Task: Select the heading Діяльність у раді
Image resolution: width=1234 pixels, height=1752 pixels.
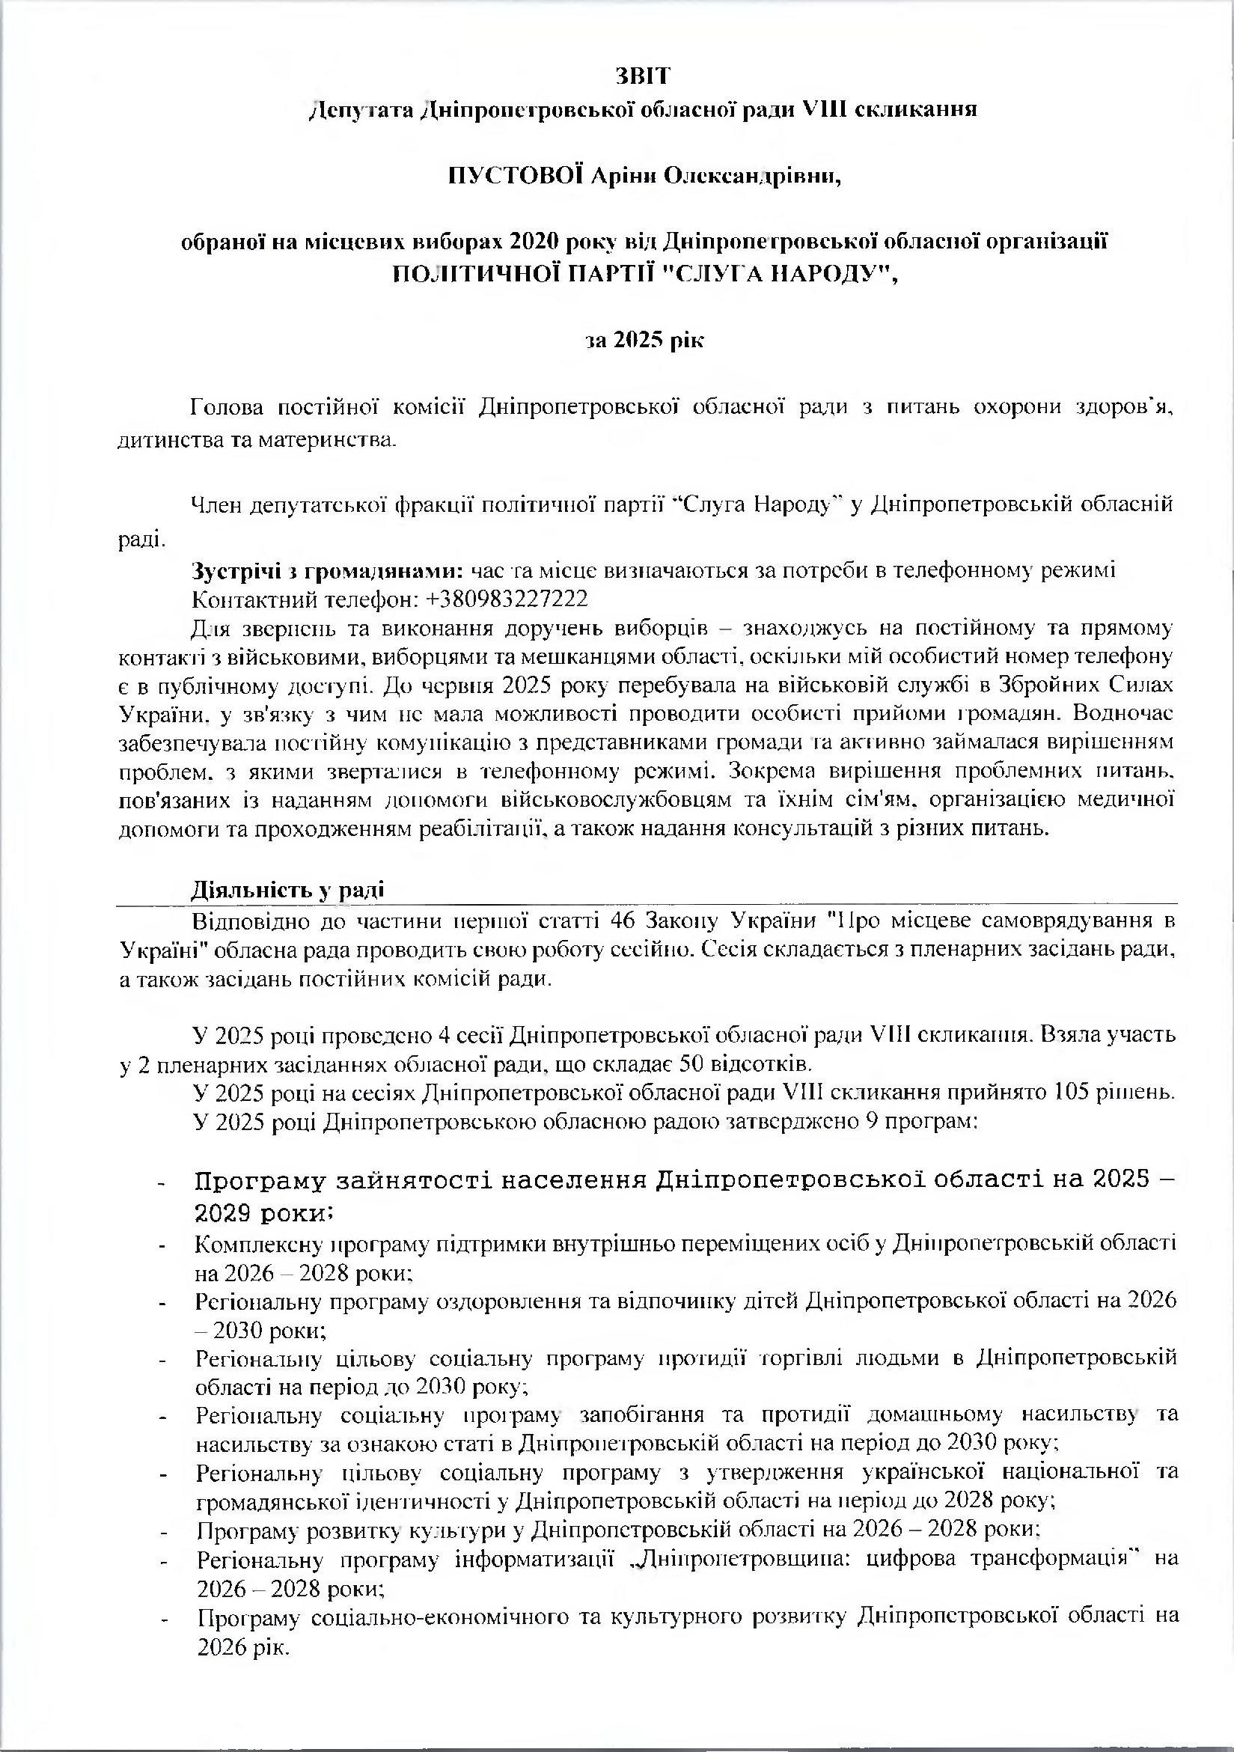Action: (287, 889)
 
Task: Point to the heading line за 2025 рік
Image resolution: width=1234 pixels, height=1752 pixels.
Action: (644, 340)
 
